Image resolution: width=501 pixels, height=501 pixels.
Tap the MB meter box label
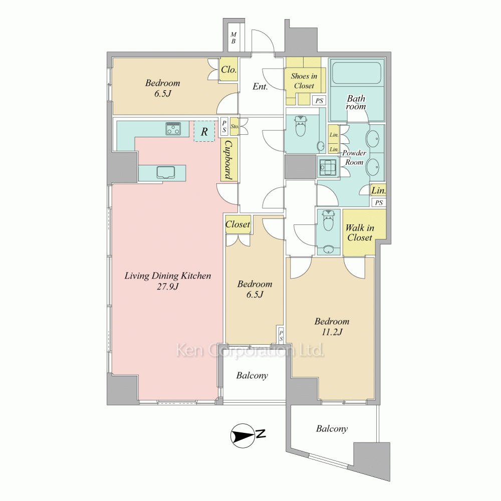[233, 38]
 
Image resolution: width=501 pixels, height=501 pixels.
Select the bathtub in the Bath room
[356, 73]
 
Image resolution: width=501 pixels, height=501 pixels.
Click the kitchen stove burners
[173, 128]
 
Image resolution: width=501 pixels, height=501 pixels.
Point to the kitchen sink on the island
[165, 172]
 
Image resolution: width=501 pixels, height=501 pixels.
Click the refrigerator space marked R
[204, 131]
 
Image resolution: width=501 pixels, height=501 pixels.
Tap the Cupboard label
[229, 160]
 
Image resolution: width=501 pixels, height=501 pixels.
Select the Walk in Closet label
[359, 232]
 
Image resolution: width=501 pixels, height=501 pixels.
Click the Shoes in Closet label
[304, 81]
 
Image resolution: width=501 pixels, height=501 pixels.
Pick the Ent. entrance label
[260, 86]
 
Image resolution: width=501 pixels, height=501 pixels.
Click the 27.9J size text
[167, 287]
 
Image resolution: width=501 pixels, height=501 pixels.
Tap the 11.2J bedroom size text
[332, 332]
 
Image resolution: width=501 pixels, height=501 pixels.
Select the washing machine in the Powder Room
[327, 166]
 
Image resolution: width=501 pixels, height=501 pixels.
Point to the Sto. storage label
[235, 127]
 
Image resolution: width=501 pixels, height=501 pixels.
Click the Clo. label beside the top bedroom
[229, 69]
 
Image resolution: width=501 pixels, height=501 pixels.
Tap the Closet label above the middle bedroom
[237, 224]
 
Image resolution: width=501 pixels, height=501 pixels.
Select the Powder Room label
[354, 157]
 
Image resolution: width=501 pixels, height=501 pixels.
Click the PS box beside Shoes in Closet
[319, 101]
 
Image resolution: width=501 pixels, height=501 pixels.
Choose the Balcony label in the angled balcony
[332, 429]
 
